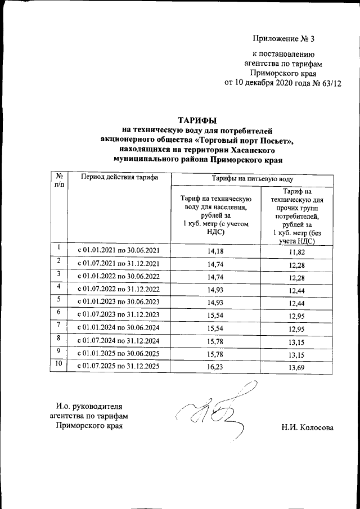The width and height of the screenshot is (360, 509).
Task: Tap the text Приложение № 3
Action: tap(285, 39)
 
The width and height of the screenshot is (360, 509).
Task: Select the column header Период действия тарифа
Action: tap(119, 178)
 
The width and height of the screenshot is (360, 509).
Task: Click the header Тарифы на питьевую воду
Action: tap(252, 178)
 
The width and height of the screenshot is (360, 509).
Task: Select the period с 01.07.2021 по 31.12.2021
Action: tap(119, 263)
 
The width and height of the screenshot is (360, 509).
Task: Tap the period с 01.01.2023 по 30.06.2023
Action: tap(119, 303)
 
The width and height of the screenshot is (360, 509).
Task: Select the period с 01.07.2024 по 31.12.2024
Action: tap(119, 341)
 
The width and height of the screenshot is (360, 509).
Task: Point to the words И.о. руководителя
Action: tap(88, 406)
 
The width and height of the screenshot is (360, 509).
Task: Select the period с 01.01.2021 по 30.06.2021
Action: tap(119, 250)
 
